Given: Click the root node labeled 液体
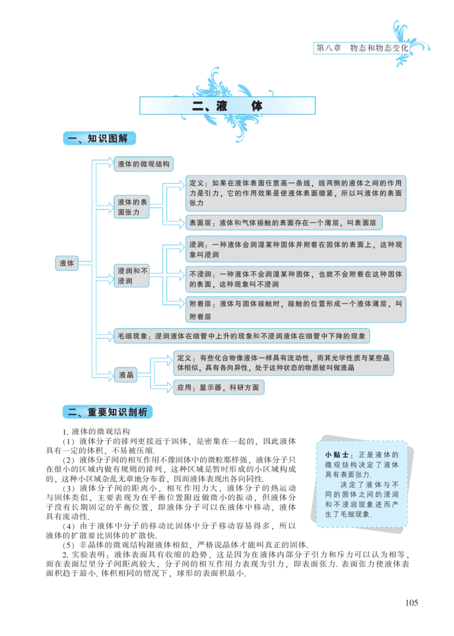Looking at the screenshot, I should (x=67, y=263).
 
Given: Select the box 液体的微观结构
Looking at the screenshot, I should (x=143, y=164).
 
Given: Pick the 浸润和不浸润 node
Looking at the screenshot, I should (x=132, y=276).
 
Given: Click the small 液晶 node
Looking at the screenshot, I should (x=126, y=375).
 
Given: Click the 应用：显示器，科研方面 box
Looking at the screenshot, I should (x=218, y=388).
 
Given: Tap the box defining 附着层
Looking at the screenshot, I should (x=297, y=310).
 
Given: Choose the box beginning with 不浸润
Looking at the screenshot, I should (x=297, y=279).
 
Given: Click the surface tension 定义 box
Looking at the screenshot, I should (x=297, y=193).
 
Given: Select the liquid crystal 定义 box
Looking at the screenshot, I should (x=284, y=363).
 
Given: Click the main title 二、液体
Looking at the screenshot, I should (x=227, y=106).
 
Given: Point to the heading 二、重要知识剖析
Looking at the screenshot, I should (x=107, y=412).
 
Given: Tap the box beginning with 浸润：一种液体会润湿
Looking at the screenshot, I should (x=297, y=248).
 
